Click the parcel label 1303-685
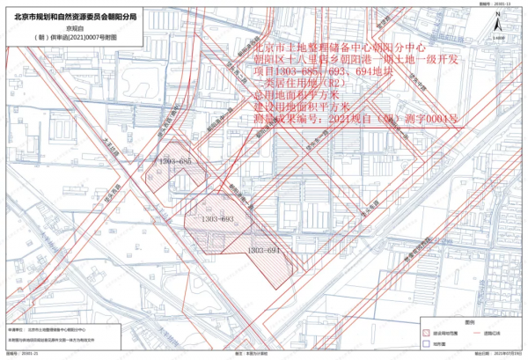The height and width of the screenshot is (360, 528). pyautogui.click(x=175, y=163)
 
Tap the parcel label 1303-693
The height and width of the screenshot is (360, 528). pyautogui.click(x=216, y=218)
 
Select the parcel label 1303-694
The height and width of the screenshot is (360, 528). pyautogui.click(x=264, y=251)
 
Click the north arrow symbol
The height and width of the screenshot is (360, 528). pyautogui.click(x=499, y=26)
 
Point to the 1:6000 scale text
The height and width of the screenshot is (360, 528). pyautogui.click(x=499, y=39)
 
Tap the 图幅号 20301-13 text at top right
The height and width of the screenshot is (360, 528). pyautogui.click(x=493, y=4)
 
